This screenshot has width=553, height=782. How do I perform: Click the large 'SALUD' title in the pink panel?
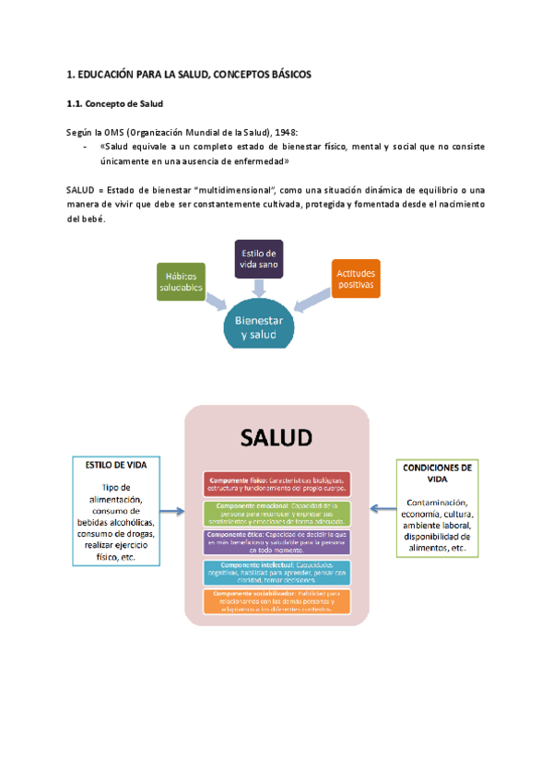(x=277, y=437)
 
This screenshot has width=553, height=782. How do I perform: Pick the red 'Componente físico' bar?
(x=277, y=484)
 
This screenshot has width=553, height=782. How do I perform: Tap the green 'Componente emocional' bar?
(x=277, y=512)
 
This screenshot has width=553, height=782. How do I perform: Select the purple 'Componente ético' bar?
(x=277, y=542)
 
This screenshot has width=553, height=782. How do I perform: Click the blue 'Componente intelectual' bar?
(x=277, y=572)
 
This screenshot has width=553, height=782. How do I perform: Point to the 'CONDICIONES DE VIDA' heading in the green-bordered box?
(x=439, y=473)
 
